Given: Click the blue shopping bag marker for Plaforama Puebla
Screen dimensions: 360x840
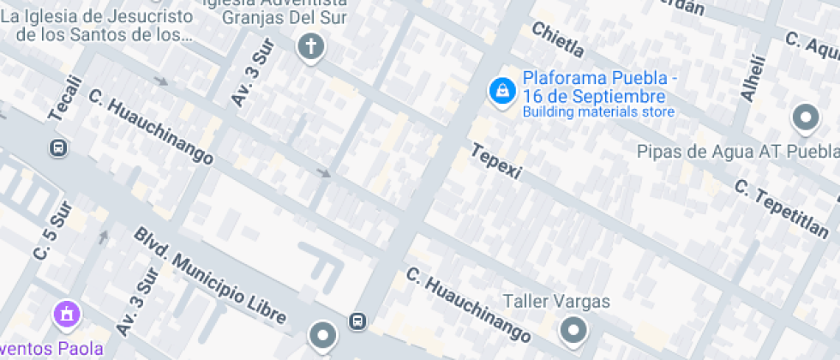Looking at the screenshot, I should (500, 90).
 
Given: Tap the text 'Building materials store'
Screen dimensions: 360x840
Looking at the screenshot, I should (598, 112).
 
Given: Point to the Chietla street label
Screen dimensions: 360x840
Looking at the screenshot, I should (557, 44).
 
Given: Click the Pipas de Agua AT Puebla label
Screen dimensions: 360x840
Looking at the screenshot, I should (737, 152).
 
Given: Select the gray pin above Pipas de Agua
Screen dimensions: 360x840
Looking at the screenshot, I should (805, 118).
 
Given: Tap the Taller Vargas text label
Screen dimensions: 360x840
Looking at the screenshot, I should (556, 302).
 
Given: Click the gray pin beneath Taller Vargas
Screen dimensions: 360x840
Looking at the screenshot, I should (573, 330).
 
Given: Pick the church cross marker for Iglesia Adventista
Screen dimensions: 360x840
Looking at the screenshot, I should (311, 46).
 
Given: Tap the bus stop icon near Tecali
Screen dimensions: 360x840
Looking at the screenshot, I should (58, 147).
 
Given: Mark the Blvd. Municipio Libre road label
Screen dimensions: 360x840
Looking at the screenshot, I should (210, 277).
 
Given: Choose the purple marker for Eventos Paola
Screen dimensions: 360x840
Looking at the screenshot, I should (67, 314).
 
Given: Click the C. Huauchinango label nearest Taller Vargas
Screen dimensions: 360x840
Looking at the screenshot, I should (468, 303).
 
